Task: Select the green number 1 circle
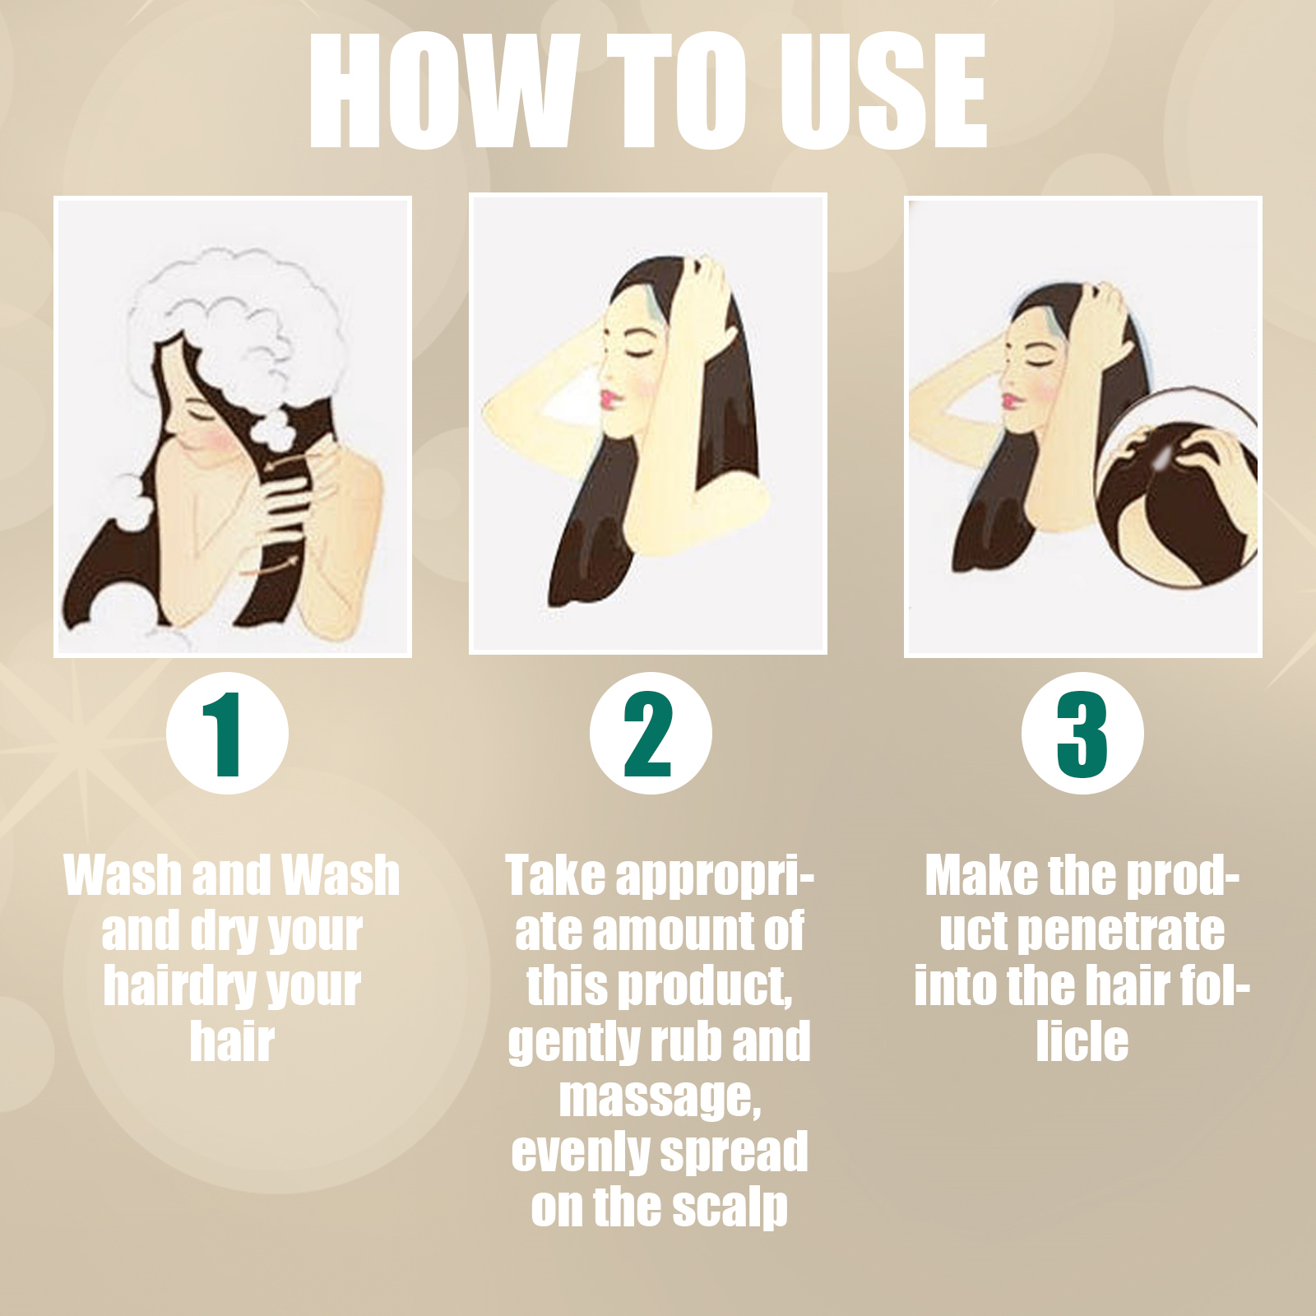click(x=227, y=733)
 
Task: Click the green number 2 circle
click(x=651, y=733)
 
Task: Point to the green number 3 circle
click(x=1082, y=733)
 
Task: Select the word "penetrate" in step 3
click(x=1120, y=931)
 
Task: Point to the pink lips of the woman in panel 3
click(x=1011, y=401)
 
